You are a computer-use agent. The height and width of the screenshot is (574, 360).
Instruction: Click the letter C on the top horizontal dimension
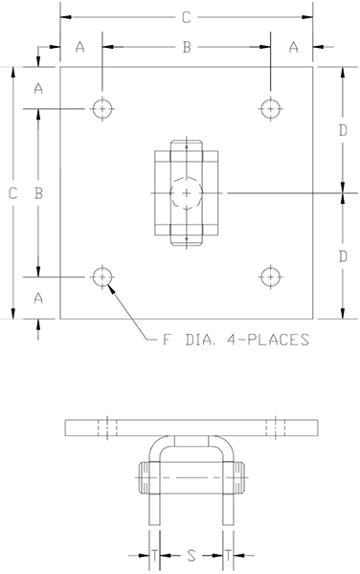[187, 17]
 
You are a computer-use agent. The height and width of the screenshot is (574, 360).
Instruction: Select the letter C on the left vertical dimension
[12, 193]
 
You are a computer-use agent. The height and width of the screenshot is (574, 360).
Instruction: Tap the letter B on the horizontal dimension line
[188, 46]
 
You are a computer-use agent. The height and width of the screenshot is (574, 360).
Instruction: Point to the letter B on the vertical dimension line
[38, 193]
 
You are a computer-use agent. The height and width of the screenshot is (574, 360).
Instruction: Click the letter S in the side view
[191, 554]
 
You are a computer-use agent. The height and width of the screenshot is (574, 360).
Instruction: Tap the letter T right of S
[228, 554]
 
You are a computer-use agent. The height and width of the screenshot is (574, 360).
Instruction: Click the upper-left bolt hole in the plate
[101, 109]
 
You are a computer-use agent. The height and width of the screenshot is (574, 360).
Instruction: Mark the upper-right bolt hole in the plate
[273, 109]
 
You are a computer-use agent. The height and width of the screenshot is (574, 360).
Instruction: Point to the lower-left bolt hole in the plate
[101, 277]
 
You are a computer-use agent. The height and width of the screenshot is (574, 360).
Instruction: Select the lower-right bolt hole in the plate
[273, 277]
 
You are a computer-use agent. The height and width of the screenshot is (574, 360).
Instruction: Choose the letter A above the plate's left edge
[80, 46]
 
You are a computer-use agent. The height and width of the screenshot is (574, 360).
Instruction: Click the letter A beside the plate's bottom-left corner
[38, 298]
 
